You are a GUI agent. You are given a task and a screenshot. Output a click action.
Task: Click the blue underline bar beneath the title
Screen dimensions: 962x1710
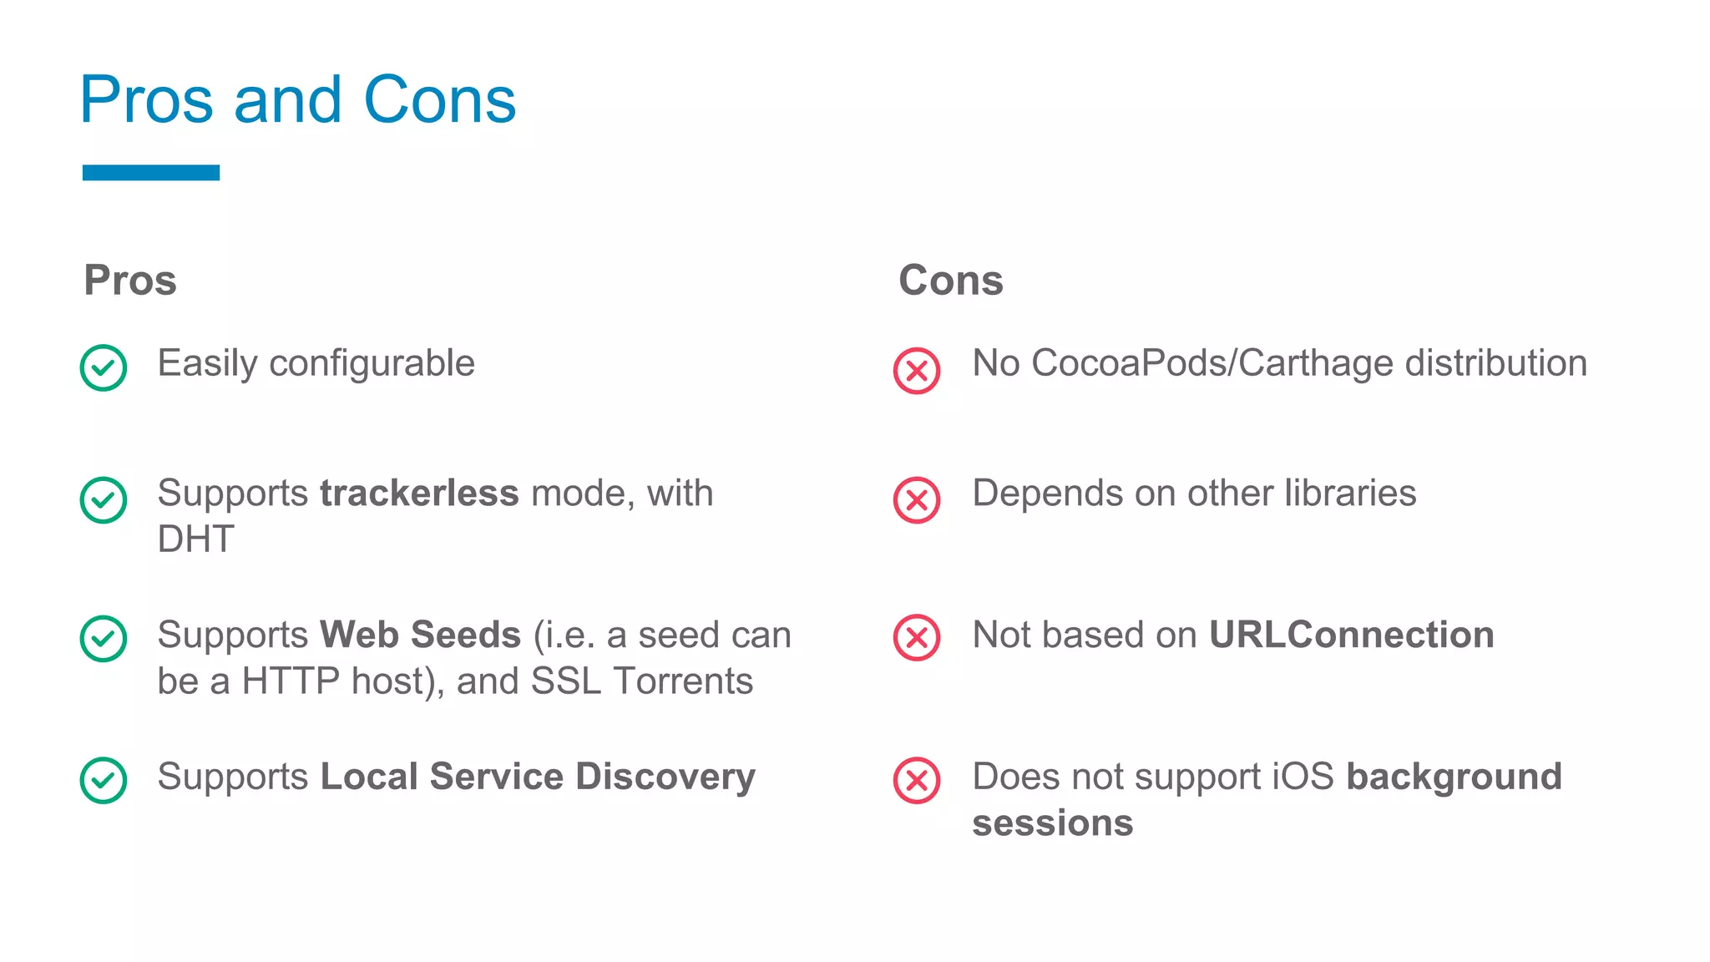pos(151,173)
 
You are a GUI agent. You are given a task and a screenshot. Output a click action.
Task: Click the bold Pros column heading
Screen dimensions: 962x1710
pos(130,280)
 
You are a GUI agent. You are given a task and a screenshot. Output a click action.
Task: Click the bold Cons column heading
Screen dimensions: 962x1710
pos(951,280)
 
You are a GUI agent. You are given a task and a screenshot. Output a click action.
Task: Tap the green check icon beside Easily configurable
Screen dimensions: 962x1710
pos(104,367)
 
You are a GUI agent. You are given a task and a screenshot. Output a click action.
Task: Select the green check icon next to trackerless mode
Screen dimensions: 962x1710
pos(104,499)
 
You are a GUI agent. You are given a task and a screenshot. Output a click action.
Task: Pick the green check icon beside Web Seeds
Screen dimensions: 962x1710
pos(104,638)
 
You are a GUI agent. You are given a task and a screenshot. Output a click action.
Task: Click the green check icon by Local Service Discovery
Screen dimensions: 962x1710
pos(104,780)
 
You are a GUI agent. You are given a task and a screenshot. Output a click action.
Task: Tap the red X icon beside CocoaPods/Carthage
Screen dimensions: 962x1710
pos(917,371)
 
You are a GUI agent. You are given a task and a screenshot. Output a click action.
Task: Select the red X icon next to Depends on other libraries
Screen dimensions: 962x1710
pos(917,500)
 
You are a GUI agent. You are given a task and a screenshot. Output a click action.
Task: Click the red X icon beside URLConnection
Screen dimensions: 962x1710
pos(917,638)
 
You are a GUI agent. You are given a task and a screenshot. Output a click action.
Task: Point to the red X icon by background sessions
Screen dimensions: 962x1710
pos(917,780)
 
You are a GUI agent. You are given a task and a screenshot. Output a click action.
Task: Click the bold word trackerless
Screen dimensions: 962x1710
pos(419,493)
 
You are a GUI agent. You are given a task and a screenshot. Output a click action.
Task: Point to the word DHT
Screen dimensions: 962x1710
pos(196,539)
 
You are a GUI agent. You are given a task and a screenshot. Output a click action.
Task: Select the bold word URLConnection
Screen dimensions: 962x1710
pos(1351,635)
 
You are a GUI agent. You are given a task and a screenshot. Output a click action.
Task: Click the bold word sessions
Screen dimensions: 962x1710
pos(1053,823)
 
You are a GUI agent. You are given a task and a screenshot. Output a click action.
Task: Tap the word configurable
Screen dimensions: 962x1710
pos(372,364)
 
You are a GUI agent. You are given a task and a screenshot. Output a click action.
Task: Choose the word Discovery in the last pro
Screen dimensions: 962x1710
pos(665,777)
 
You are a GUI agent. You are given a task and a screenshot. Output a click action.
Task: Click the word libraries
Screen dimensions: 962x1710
pos(1350,493)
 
